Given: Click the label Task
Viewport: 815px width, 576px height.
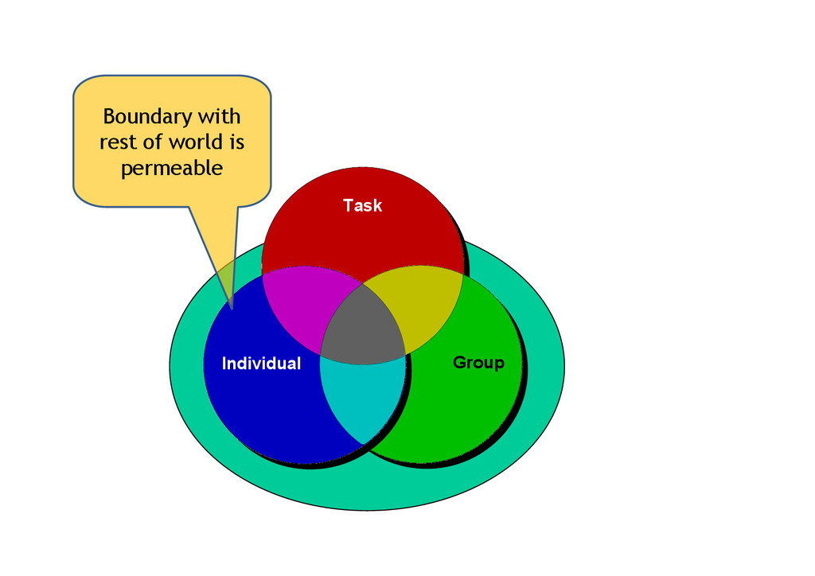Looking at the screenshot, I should click(x=362, y=205).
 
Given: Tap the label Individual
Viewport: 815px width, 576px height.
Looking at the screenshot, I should click(x=261, y=364).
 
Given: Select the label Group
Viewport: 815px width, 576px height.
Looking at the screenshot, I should click(x=478, y=363).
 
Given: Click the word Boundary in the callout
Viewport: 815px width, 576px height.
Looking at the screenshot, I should click(x=148, y=117).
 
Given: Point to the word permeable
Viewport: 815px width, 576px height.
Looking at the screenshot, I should click(x=171, y=169).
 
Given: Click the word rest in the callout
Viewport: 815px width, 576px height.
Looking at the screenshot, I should click(x=115, y=143).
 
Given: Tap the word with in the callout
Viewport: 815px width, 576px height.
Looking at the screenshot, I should click(x=219, y=117).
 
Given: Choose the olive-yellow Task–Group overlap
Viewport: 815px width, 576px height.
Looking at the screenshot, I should click(x=422, y=302).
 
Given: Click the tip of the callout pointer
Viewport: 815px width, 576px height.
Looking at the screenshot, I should click(x=231, y=308).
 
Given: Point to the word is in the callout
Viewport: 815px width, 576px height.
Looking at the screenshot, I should click(x=235, y=143).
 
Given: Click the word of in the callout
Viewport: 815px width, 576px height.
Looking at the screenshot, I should click(x=154, y=143).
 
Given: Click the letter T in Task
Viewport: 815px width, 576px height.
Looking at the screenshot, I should click(x=348, y=205).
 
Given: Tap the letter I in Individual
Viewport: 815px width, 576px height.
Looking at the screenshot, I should click(x=224, y=364).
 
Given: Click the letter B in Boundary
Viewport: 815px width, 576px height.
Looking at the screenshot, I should click(x=110, y=117).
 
